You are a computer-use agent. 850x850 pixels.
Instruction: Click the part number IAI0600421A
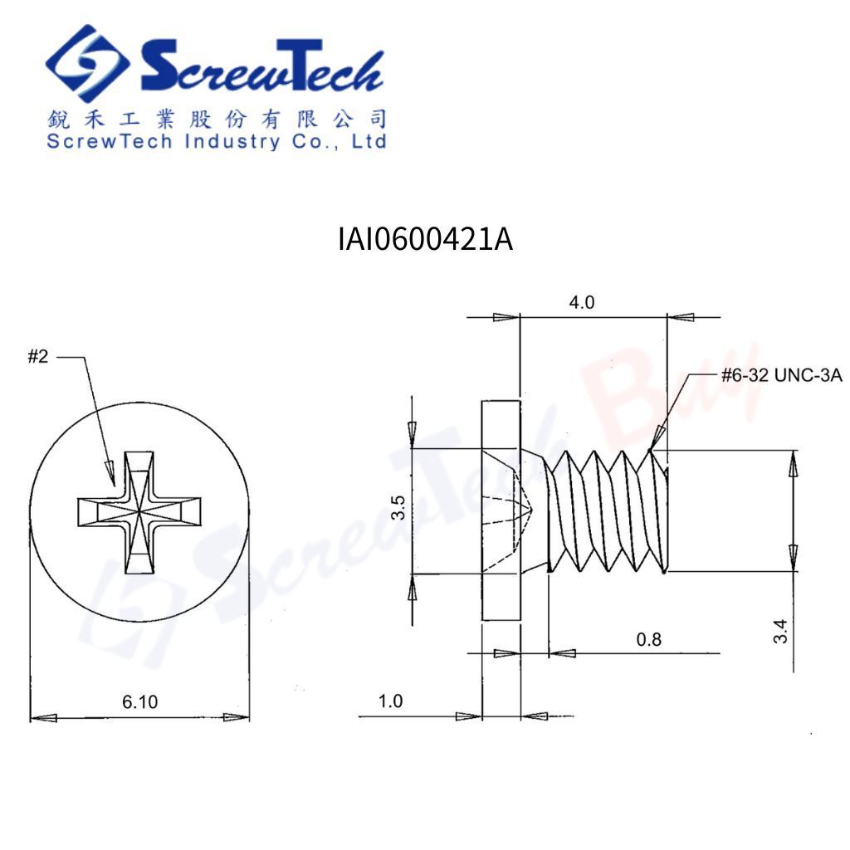[x=425, y=239]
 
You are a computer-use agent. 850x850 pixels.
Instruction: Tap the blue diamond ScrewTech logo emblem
[x=87, y=63]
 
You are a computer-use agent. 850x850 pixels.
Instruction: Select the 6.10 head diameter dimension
[x=139, y=702]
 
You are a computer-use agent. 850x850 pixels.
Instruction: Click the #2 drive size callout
[x=38, y=356]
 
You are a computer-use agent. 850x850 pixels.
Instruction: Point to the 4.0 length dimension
[x=582, y=302]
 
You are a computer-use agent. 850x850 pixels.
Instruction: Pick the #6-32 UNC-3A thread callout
[x=782, y=375]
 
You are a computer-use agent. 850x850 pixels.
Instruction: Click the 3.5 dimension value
[x=398, y=507]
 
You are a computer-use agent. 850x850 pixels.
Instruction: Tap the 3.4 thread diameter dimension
[x=780, y=631]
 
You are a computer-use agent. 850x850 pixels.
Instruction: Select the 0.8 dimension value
[x=649, y=640]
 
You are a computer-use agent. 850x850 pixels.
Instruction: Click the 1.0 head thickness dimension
[x=390, y=701]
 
